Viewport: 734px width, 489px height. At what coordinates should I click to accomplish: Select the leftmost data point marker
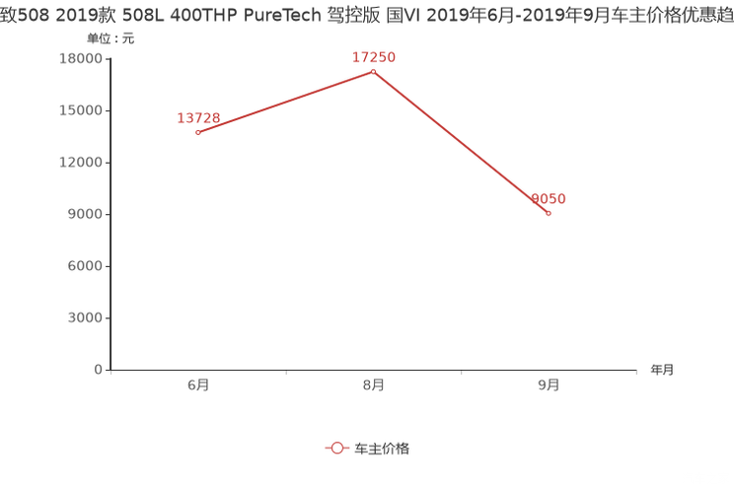197,132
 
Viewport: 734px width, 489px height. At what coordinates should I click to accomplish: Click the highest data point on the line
373,71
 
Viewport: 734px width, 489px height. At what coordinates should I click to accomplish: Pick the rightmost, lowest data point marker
549,212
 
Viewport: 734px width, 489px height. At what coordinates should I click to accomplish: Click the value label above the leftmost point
197,117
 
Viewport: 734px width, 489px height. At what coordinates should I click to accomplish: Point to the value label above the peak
374,57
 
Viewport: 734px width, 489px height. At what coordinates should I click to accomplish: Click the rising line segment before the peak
285,102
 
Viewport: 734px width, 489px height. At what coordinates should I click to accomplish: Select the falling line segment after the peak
461,142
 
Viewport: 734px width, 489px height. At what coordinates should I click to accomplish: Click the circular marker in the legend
336,448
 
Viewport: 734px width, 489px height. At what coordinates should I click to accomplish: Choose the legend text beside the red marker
381,448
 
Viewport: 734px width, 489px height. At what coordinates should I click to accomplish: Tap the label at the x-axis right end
662,371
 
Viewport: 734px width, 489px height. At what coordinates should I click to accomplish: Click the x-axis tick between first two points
285,373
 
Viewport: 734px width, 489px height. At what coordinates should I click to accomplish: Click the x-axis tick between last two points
461,373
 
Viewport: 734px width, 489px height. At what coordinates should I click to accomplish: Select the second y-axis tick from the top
110,109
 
